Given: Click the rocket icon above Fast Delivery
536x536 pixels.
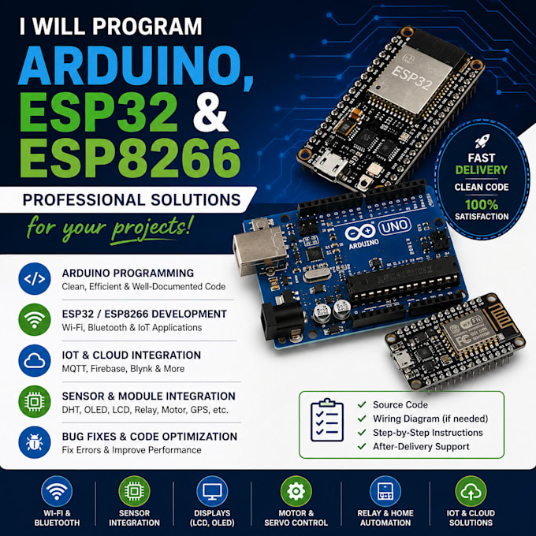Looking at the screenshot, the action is coord(482,142).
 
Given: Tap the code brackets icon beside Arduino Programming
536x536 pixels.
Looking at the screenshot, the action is coord(35,278).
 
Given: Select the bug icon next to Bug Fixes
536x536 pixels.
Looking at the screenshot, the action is coord(35,442).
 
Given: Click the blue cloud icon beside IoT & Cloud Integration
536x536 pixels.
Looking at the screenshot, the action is coord(35,361).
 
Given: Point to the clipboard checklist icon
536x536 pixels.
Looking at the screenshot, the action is coord(327,420).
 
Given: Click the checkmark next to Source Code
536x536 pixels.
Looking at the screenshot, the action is coord(362,404).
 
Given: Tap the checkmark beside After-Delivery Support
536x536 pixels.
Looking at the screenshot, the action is coord(362,446).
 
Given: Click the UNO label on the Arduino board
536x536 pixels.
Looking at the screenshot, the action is coord(394,226).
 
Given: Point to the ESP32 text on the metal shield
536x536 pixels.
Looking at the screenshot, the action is coord(412,78).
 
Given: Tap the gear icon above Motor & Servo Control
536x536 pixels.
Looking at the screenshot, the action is coord(296,491).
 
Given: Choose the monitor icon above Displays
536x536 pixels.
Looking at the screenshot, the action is coord(212,491).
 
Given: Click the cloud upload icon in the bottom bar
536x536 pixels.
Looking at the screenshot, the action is coord(471,491).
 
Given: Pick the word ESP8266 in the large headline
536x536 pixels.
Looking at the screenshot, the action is coord(130,158).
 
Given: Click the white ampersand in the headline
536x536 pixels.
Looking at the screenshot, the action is coord(210,112).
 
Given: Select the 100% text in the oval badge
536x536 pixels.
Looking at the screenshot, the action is coord(482,205).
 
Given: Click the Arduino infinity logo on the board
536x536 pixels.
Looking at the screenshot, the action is coord(360,232).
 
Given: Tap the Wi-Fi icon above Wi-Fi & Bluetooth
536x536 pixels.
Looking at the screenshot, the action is coord(57,491).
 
